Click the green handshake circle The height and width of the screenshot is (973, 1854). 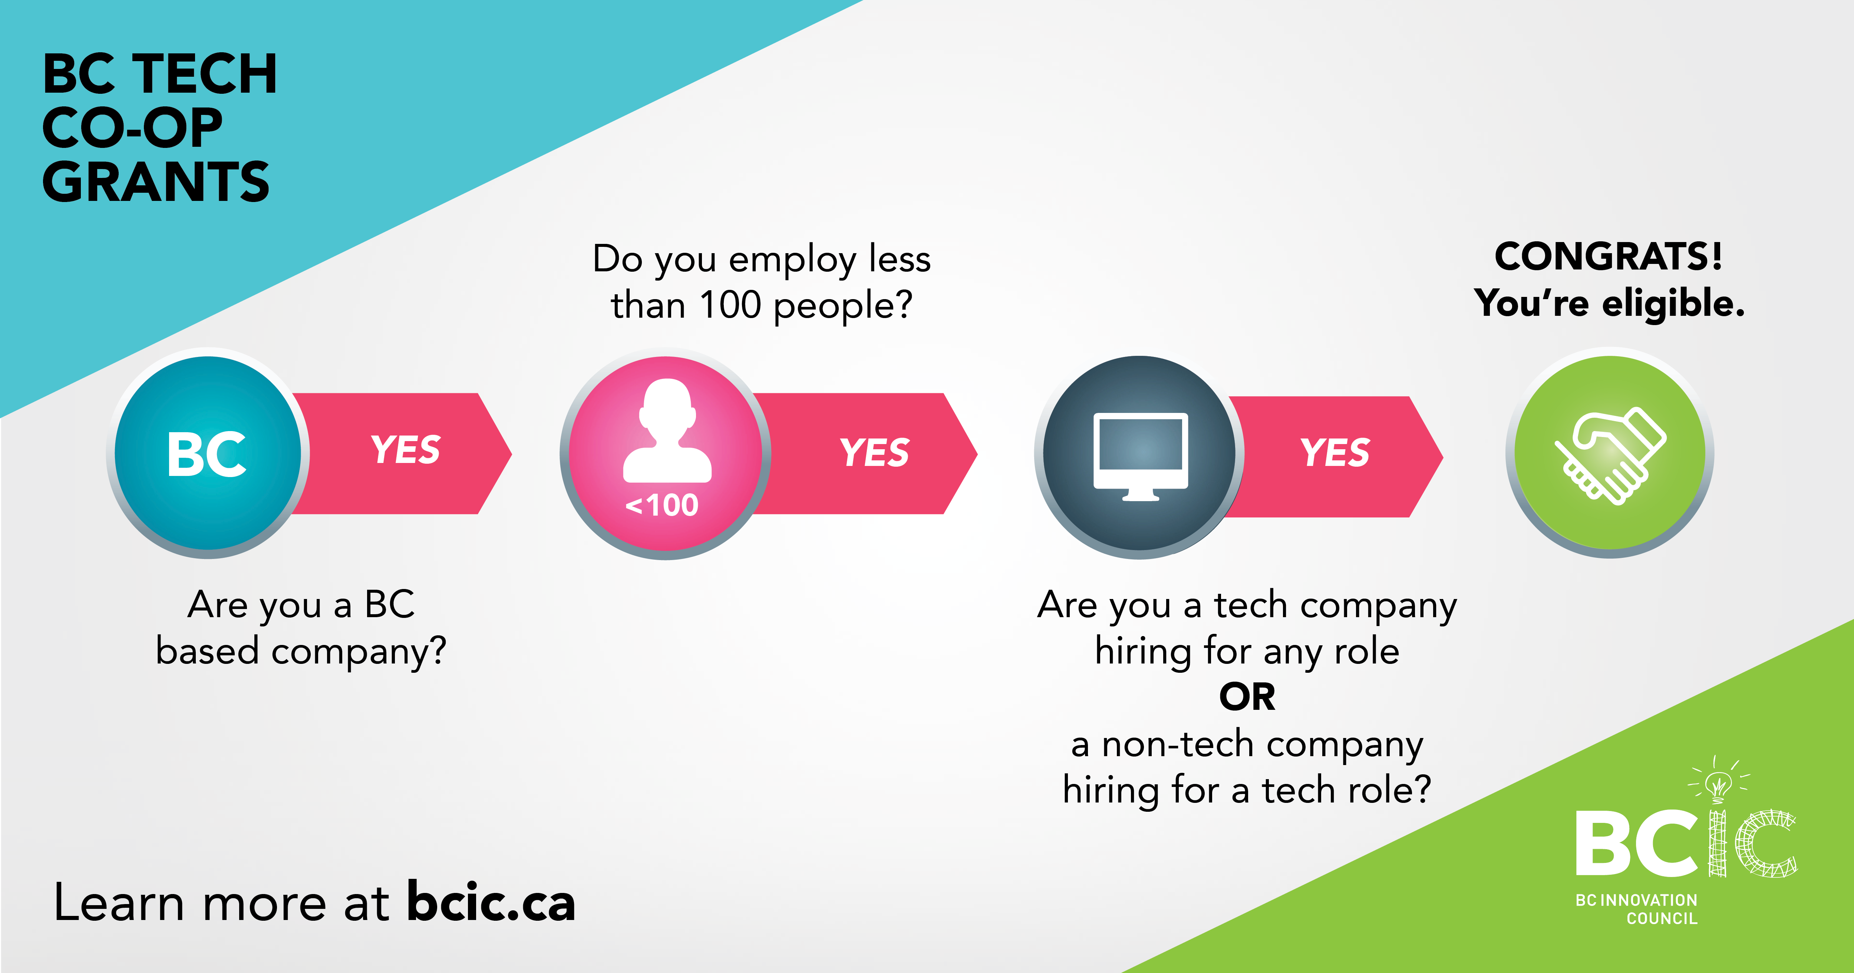pyautogui.click(x=1610, y=453)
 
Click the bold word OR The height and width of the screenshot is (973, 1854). pyautogui.click(x=1247, y=696)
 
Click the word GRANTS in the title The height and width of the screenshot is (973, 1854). pyautogui.click(x=155, y=181)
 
